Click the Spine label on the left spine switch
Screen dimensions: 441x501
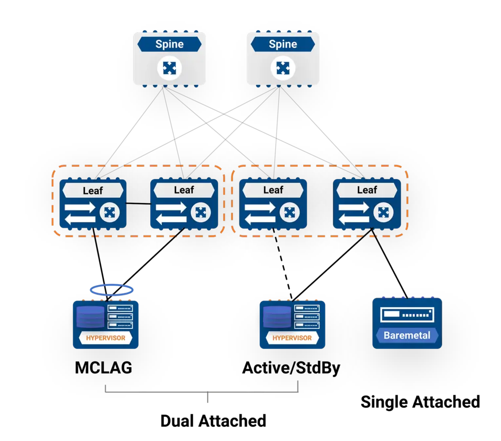point(169,44)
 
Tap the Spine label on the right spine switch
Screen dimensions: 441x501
point(283,44)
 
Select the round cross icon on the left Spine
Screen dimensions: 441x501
point(169,68)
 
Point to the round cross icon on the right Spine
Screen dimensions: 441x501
point(283,68)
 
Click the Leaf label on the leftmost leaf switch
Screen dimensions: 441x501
point(92,190)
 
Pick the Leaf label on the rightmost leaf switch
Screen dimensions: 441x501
point(367,190)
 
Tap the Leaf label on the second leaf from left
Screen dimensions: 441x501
point(184,190)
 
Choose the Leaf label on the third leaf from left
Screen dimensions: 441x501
point(273,190)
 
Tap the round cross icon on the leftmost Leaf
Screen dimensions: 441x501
point(110,212)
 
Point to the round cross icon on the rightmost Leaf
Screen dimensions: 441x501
point(383,212)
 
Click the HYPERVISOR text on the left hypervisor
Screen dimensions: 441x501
point(106,338)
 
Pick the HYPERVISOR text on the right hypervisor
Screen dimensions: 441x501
point(292,338)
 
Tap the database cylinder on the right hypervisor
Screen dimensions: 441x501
point(277,317)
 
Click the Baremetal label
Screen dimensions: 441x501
point(407,336)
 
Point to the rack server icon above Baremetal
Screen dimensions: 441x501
point(407,314)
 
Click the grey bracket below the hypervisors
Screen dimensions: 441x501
point(202,391)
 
